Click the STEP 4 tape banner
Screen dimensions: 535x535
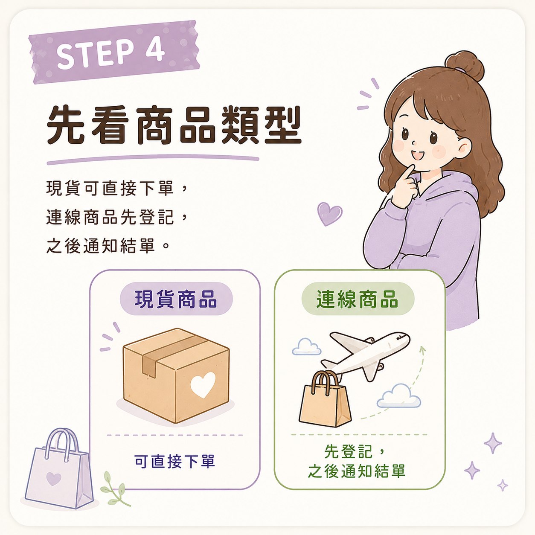click(x=114, y=52)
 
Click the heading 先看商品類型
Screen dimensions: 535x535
click(x=174, y=125)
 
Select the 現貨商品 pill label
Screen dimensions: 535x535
click(x=176, y=299)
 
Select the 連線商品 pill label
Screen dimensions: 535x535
click(x=358, y=299)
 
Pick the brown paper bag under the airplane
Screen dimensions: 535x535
click(x=325, y=399)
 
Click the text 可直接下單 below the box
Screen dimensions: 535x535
click(x=174, y=462)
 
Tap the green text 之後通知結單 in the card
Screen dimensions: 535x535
click(x=357, y=471)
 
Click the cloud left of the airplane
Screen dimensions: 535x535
click(x=306, y=347)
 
